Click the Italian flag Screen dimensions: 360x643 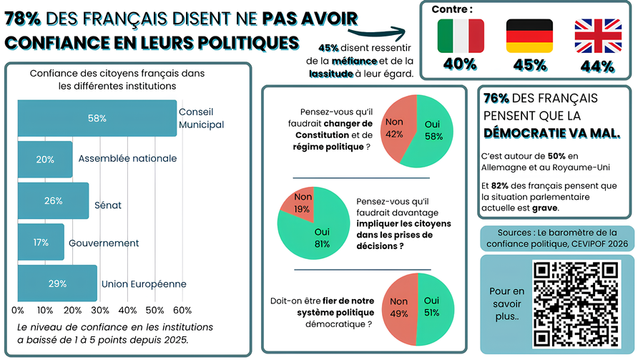click(461, 36)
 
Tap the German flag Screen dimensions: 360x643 click(529, 36)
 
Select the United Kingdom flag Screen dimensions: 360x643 click(598, 36)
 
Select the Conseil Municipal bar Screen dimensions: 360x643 click(97, 118)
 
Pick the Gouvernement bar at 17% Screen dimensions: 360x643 click(41, 242)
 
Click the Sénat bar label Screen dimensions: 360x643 click(108, 205)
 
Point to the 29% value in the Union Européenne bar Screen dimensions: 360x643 click(57, 283)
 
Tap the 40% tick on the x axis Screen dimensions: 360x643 click(128, 310)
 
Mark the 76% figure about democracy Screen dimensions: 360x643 click(496, 98)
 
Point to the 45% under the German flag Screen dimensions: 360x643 click(529, 64)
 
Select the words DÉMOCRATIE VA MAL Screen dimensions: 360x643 click(551, 133)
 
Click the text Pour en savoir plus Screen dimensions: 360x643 click(507, 303)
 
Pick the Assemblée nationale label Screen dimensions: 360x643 click(127, 158)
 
